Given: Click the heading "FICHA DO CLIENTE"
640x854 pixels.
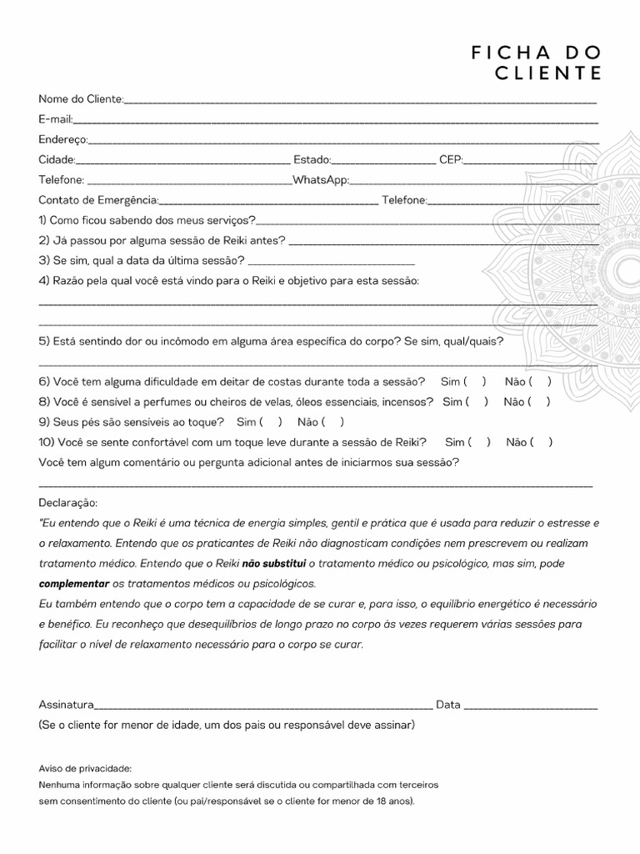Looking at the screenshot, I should [x=536, y=63].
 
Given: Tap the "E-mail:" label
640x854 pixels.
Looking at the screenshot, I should [x=56, y=119].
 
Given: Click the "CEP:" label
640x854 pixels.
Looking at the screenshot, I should [x=451, y=159].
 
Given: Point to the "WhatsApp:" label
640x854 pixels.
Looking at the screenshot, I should [x=321, y=180].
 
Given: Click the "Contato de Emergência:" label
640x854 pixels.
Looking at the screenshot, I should [x=97, y=200].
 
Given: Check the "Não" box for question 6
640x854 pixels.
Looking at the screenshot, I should [x=539, y=382].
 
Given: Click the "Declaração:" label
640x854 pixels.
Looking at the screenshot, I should [x=67, y=504].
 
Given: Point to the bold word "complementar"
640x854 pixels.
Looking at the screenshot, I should [x=74, y=583].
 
